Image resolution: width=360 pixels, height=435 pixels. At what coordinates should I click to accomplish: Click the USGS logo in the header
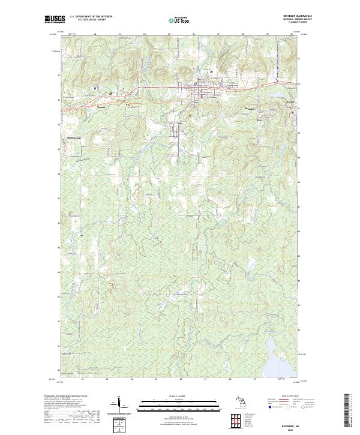coord(53,19)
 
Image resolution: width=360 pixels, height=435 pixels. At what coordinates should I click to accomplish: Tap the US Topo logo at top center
coord(179,20)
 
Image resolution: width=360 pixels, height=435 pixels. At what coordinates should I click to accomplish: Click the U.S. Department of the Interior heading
coord(91,17)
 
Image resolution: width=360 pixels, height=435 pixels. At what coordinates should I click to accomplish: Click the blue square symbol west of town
coord(95,88)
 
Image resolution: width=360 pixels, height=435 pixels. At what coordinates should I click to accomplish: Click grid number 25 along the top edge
coord(169,34)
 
